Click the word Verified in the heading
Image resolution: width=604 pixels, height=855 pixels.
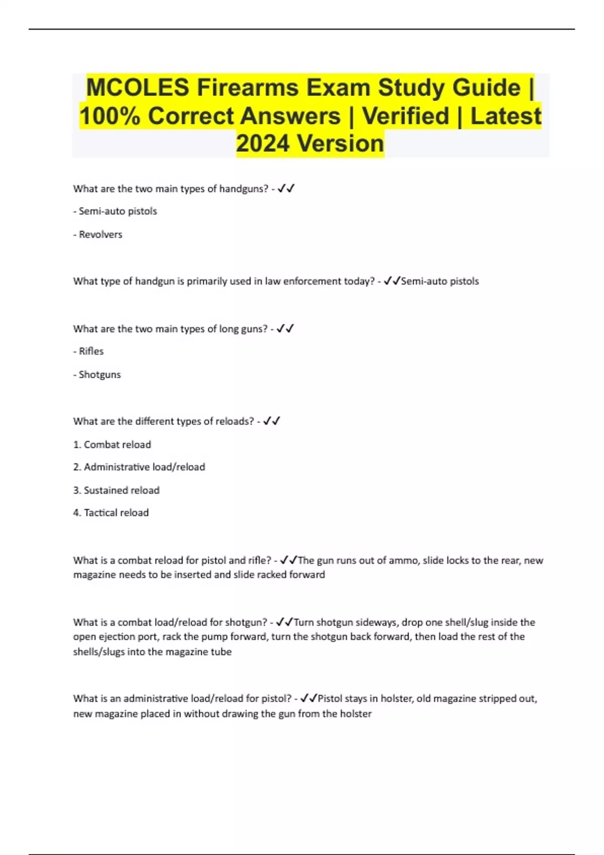(406, 116)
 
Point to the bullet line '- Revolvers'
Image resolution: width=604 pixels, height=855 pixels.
(98, 234)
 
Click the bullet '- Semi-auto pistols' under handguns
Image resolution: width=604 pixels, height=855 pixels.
(115, 211)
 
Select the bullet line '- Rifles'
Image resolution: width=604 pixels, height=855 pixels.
(89, 351)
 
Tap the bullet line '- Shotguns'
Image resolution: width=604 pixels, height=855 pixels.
(97, 375)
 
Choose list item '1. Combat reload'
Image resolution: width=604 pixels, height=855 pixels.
(112, 445)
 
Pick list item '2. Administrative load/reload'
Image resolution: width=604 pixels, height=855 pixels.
(139, 467)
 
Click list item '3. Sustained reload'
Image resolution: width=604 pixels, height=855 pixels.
(116, 490)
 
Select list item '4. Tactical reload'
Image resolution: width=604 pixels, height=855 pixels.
(111, 513)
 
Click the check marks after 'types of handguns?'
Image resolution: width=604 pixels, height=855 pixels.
(286, 189)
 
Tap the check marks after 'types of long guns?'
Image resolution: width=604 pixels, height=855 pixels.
(285, 329)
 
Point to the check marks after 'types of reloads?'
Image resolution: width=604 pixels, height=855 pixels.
(272, 421)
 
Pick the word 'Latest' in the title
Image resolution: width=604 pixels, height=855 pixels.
(505, 116)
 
